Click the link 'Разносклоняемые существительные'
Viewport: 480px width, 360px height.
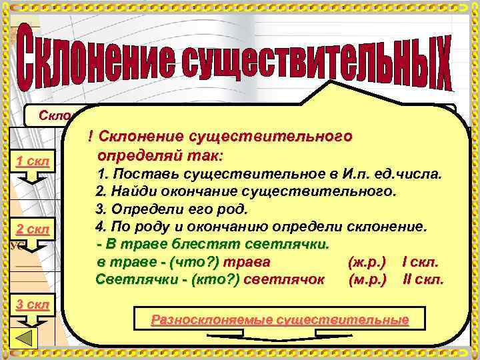click(x=280, y=320)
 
